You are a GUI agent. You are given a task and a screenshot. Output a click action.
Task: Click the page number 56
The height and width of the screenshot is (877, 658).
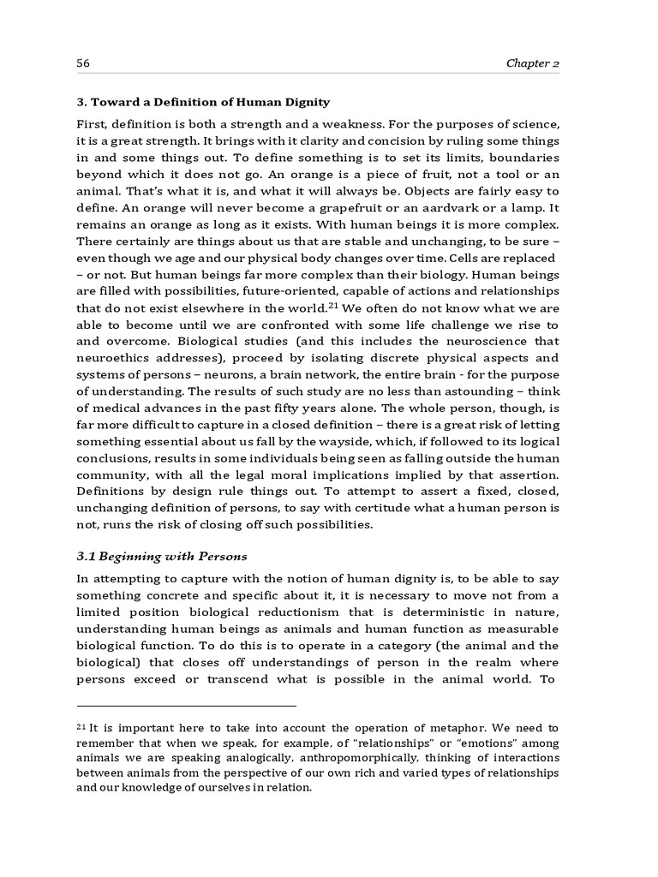(83, 63)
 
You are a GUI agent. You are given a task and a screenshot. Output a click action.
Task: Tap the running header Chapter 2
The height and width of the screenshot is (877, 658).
(532, 63)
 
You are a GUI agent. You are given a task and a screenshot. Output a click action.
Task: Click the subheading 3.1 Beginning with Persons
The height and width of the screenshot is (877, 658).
(162, 557)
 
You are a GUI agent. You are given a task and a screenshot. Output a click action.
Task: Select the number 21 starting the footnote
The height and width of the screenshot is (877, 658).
(82, 727)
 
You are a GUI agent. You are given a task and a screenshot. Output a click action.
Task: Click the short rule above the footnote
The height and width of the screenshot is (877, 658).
(186, 707)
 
